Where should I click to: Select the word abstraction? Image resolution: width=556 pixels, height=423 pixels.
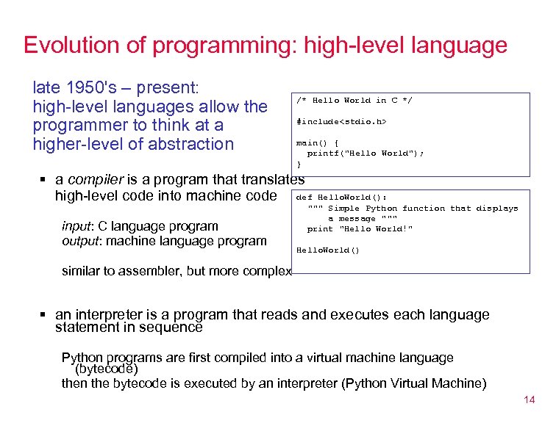point(190,144)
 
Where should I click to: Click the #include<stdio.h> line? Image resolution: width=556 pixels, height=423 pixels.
point(341,121)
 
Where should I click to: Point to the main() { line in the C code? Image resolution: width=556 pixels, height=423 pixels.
point(317,142)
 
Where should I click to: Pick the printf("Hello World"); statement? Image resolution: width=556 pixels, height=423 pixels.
point(366,153)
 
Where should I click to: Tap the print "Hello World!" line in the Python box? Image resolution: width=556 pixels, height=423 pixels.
point(360,228)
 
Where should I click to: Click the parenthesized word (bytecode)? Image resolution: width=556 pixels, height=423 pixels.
point(107,369)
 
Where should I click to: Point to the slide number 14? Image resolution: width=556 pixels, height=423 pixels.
point(529,399)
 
